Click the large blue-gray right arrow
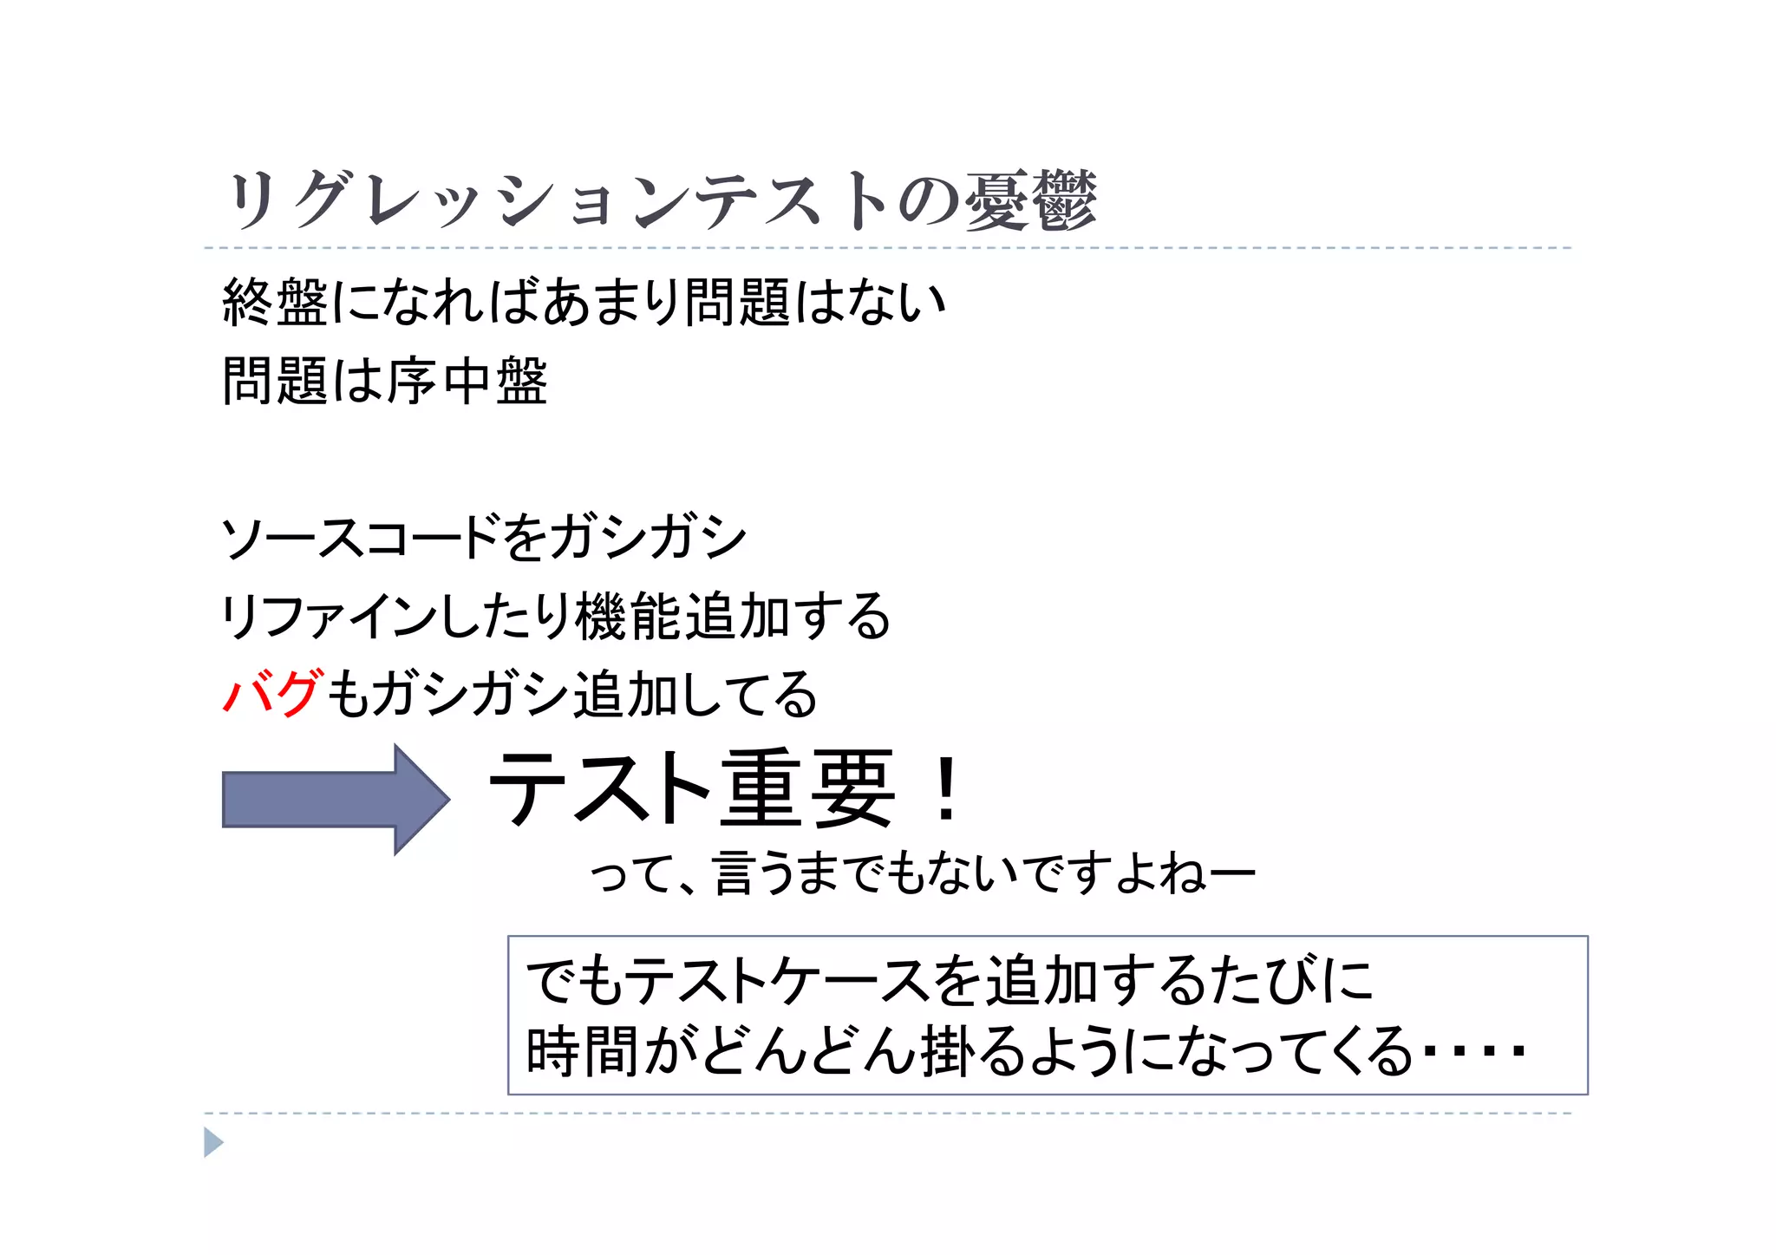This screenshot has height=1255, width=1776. point(335,799)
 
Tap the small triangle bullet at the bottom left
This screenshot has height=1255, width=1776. point(212,1142)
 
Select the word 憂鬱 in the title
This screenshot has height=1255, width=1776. point(1031,201)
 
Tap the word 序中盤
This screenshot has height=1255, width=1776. point(467,382)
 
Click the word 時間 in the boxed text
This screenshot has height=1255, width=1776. point(580,1051)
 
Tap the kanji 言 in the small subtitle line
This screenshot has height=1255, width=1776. point(733,873)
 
